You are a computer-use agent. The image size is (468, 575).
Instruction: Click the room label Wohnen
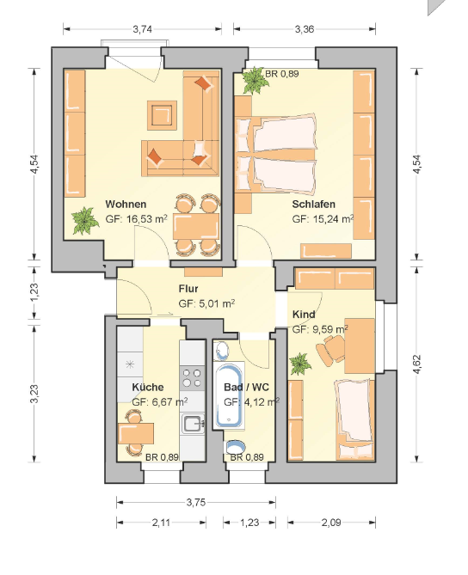pyautogui.click(x=126, y=204)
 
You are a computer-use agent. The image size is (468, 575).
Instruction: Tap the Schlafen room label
pyautogui.click(x=313, y=204)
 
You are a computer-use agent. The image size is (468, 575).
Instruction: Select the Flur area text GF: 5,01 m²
pyautogui.click(x=206, y=303)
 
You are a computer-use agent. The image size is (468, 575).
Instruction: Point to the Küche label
pyautogui.click(x=148, y=387)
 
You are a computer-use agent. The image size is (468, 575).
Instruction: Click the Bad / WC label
pyautogui.click(x=246, y=387)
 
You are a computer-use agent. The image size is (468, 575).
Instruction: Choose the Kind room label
pyautogui.click(x=304, y=315)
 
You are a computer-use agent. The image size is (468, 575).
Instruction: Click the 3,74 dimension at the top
pyautogui.click(x=143, y=29)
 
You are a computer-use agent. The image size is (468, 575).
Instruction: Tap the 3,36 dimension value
pyautogui.click(x=305, y=29)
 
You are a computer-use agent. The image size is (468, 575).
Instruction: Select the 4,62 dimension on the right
pyautogui.click(x=417, y=364)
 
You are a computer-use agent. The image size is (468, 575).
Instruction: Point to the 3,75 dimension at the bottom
pyautogui.click(x=196, y=502)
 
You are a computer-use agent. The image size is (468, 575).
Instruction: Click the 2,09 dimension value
pyautogui.click(x=331, y=523)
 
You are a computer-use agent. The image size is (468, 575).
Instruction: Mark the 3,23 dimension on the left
pyautogui.click(x=34, y=394)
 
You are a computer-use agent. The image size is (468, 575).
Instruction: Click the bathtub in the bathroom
pyautogui.click(x=230, y=395)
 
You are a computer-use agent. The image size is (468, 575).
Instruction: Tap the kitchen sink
pyautogui.click(x=193, y=424)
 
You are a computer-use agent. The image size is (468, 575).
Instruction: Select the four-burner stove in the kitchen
pyautogui.click(x=192, y=378)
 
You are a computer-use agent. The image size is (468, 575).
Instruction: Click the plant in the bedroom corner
pyautogui.click(x=255, y=80)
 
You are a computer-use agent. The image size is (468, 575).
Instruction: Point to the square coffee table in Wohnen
pyautogui.click(x=162, y=115)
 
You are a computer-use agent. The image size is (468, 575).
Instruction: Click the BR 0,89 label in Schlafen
pyautogui.click(x=282, y=74)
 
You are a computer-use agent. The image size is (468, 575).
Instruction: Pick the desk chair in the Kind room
pyautogui.click(x=330, y=351)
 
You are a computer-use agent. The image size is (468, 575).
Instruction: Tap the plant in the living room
pyautogui.click(x=85, y=220)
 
